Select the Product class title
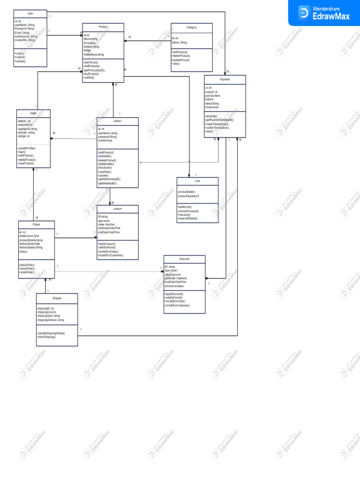pos(103,28)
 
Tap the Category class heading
pos(191,28)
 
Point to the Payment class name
pos(225,80)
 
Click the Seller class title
pos(33,113)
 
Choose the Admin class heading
pos(118,121)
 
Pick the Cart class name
pos(197,181)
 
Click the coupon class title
pos(117,209)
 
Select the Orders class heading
pos(36,225)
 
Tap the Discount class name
pos(184,259)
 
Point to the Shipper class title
pos(57,298)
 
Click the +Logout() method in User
pos(20,57)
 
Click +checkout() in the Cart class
pos(186,215)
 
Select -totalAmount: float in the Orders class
pos(29,236)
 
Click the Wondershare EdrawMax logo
pos(323,12)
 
